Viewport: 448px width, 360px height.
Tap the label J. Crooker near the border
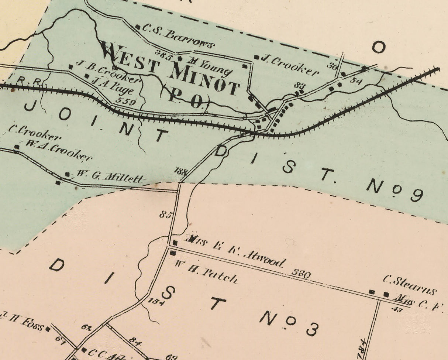[x=290, y=65]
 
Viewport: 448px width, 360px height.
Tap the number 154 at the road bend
[x=156, y=301]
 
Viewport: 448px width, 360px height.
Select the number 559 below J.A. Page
[x=125, y=101]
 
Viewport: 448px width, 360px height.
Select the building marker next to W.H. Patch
[x=172, y=253]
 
